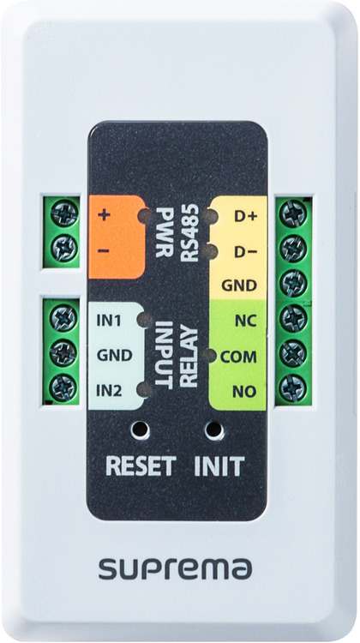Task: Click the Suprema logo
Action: (175, 569)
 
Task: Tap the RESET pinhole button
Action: (140, 430)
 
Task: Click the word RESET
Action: (141, 466)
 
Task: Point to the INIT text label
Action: (219, 466)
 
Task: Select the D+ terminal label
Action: (245, 216)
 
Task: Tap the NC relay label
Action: (246, 321)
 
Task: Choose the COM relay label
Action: (238, 357)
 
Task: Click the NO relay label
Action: (245, 392)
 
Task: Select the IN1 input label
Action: (109, 321)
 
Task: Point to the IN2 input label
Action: (109, 391)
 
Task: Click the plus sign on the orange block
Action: (105, 214)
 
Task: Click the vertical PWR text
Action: (164, 232)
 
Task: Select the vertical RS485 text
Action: (190, 233)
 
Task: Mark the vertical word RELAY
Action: (189, 357)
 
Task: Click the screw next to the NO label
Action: (293, 388)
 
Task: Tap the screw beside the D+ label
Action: (293, 213)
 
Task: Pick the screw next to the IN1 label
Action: (63, 318)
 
